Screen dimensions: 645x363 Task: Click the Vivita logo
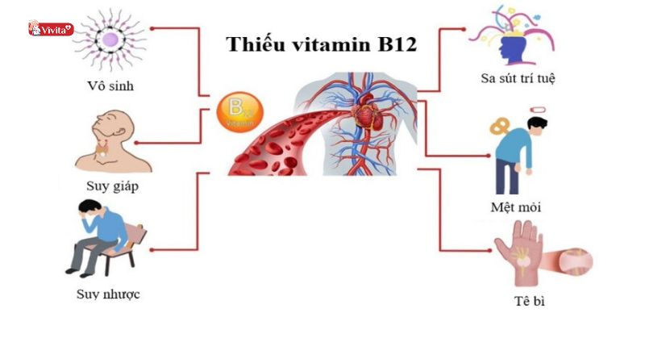pyautogui.click(x=50, y=29)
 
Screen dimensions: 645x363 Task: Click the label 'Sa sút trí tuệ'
pyautogui.click(x=518, y=78)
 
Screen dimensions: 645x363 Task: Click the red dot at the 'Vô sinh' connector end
pyautogui.click(x=151, y=27)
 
